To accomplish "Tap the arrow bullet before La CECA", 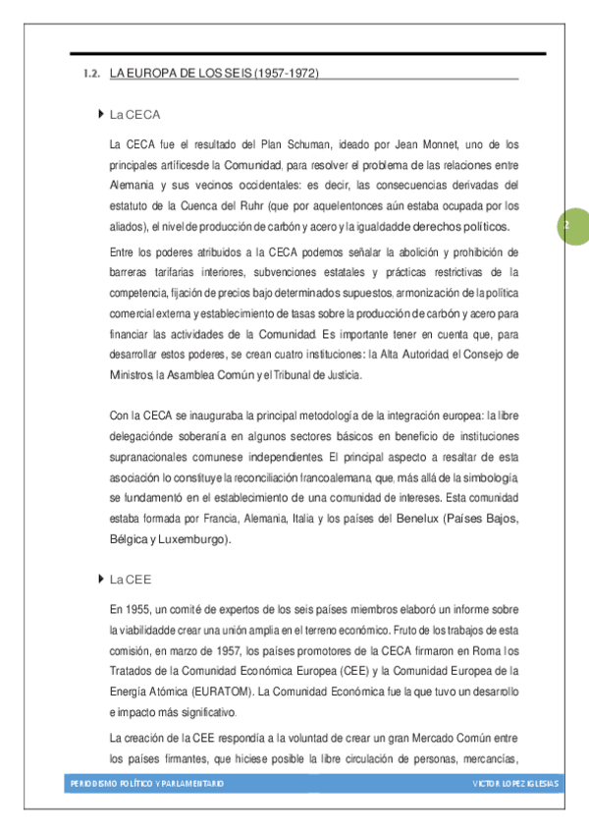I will [102, 114].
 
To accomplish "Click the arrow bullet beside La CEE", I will [102, 579].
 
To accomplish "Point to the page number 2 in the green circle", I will [566, 226].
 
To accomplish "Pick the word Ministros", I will [132, 375].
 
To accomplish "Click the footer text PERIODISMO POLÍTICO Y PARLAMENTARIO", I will [147, 783].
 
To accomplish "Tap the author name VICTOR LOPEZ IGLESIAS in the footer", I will [514, 783].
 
